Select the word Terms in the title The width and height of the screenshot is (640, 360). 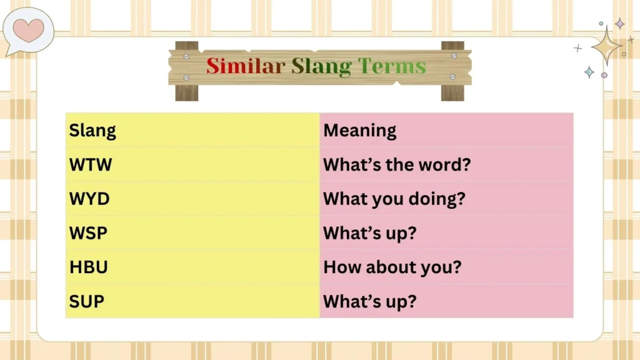(x=392, y=66)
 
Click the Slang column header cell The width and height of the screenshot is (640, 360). (x=92, y=131)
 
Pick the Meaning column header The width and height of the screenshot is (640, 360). (x=360, y=131)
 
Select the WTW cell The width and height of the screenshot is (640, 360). (x=91, y=165)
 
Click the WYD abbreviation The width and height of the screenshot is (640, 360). (x=89, y=199)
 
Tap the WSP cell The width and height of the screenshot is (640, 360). (x=88, y=233)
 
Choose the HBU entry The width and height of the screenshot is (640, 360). (x=89, y=267)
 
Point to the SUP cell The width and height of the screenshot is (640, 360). (x=87, y=301)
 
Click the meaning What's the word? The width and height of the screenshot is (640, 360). (x=397, y=165)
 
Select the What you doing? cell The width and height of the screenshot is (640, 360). (x=394, y=199)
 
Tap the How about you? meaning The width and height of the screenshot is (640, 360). (x=392, y=267)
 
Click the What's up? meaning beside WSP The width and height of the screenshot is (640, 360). (x=369, y=233)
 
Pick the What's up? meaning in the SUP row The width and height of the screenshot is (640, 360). (x=369, y=301)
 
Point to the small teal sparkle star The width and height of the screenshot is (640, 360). (x=589, y=72)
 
